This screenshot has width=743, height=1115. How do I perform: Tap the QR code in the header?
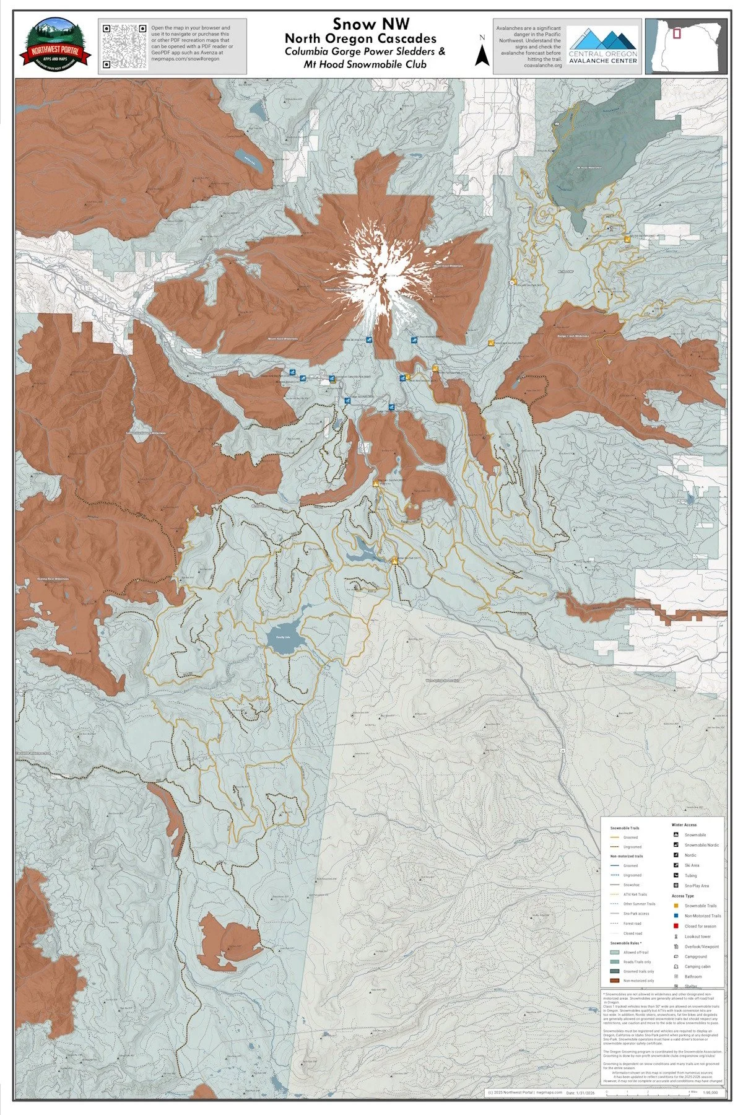(x=123, y=45)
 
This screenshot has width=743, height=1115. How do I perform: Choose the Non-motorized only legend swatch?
(x=615, y=981)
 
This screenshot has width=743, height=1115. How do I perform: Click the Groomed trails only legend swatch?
(x=615, y=971)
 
